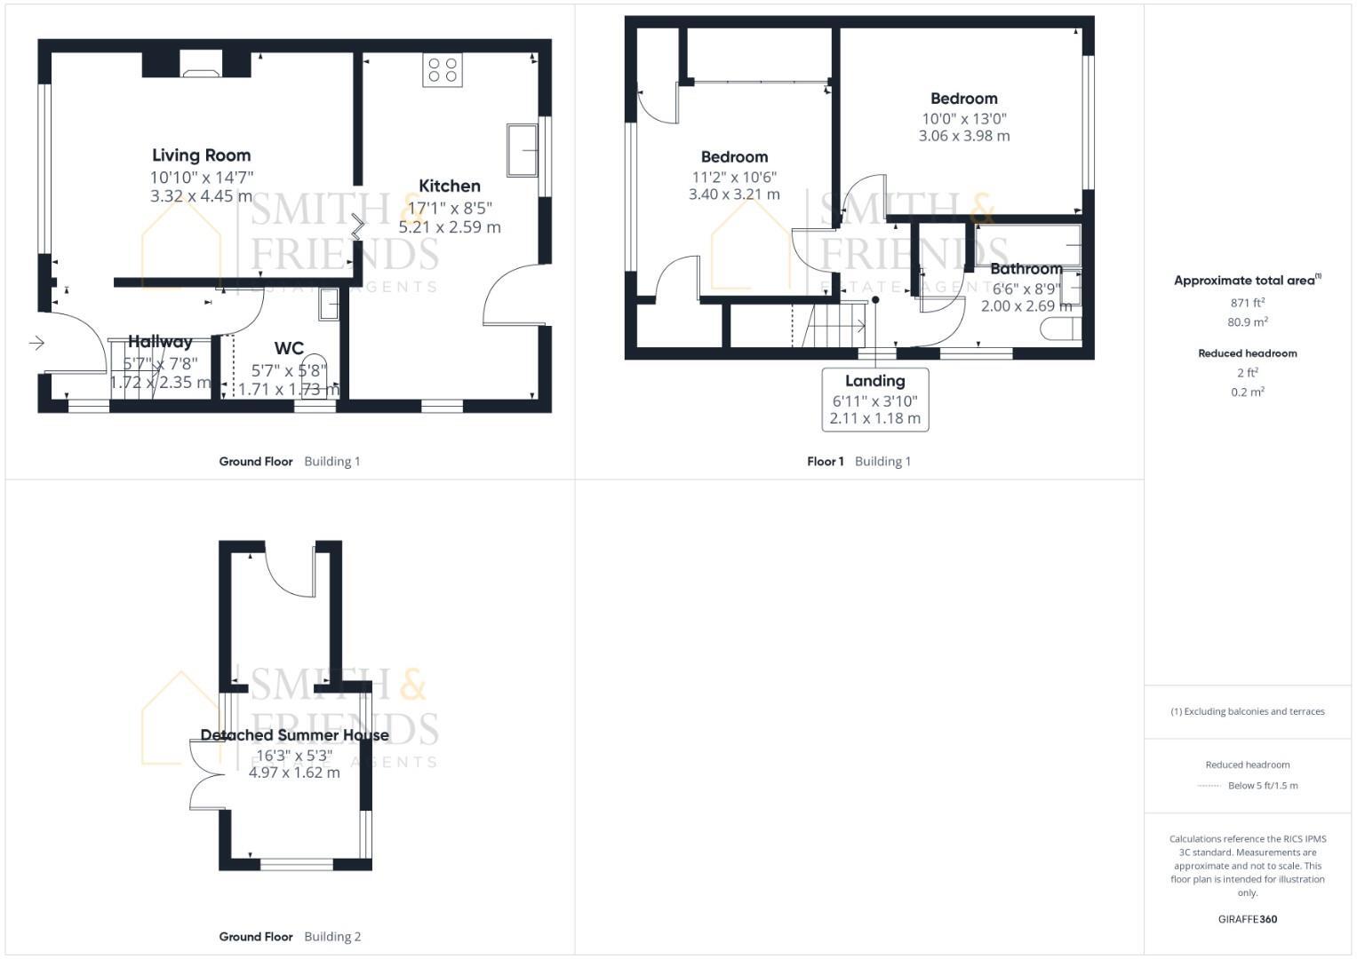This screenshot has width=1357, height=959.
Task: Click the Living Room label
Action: pyautogui.click(x=201, y=155)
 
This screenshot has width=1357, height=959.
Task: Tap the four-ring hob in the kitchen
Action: pyautogui.click(x=442, y=70)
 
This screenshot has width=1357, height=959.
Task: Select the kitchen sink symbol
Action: pyautogui.click(x=522, y=150)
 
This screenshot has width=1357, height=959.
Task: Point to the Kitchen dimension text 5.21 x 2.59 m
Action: pyautogui.click(x=450, y=227)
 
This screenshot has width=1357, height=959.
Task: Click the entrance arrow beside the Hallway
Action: pyautogui.click(x=36, y=343)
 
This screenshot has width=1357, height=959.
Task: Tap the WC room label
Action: pyautogui.click(x=289, y=348)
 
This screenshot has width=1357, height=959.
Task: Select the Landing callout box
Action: pyautogui.click(x=875, y=400)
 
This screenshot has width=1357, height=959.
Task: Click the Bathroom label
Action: pyautogui.click(x=1026, y=268)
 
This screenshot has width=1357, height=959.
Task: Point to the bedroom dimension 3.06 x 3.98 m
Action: pyautogui.click(x=964, y=136)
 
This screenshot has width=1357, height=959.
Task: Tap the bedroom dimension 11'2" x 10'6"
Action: pyautogui.click(x=734, y=177)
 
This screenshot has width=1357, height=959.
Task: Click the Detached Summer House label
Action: pyautogui.click(x=294, y=735)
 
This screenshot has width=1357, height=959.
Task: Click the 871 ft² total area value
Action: pyautogui.click(x=1248, y=303)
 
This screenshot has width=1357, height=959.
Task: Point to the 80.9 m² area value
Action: pyautogui.click(x=1248, y=322)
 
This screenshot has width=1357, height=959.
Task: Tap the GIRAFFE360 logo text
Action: pyautogui.click(x=1248, y=919)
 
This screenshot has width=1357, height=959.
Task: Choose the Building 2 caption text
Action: pyautogui.click(x=332, y=936)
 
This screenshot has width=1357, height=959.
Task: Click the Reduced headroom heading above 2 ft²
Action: pyautogui.click(x=1248, y=353)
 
